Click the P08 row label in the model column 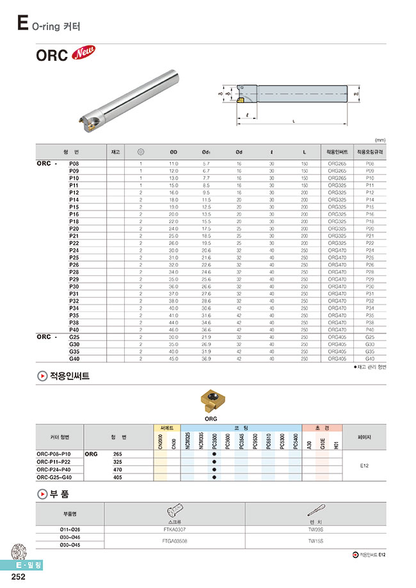click(x=74, y=164)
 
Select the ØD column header click(x=173, y=152)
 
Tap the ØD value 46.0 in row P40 click(x=173, y=330)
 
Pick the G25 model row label click(x=74, y=337)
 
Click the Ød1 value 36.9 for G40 click(x=206, y=358)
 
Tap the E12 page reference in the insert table click(x=364, y=466)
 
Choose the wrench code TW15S click(x=316, y=541)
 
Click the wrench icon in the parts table click(x=316, y=512)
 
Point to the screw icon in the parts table click(x=174, y=512)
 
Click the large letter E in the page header click(x=22, y=24)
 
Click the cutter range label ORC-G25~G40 click(x=58, y=477)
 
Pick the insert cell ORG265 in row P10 click(x=337, y=178)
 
